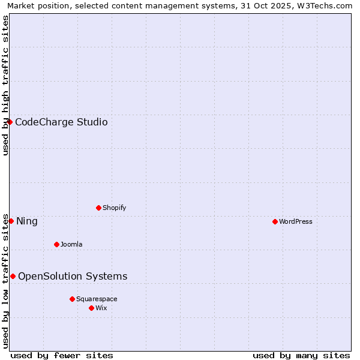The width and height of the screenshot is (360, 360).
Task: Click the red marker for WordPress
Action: [x=275, y=221]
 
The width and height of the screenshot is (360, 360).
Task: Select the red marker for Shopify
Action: [x=98, y=208]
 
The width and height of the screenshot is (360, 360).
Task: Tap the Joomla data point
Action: [x=56, y=244]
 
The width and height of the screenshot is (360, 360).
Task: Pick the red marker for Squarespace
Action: [x=72, y=299]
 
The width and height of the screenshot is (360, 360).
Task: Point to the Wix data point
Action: [x=91, y=308]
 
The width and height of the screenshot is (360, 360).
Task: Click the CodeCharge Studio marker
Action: [x=10, y=122]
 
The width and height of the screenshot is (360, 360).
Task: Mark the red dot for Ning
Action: [x=11, y=221]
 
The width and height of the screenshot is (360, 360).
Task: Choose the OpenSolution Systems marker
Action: [x=13, y=276]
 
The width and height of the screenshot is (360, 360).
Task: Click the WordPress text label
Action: [x=296, y=221]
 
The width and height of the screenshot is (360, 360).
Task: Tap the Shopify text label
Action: [x=115, y=208]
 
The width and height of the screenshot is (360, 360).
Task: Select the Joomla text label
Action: [x=71, y=244]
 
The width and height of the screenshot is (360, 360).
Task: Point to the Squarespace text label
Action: [x=97, y=299]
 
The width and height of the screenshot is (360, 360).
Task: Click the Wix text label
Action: [x=101, y=308]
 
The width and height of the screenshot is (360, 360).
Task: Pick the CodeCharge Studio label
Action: [x=61, y=122]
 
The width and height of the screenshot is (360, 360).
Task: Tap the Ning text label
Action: [x=27, y=221]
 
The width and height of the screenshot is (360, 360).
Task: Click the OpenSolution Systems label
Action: [x=73, y=277]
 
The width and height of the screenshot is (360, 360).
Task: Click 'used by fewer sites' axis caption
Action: [x=62, y=355]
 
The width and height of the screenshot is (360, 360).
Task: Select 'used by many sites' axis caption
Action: [x=301, y=355]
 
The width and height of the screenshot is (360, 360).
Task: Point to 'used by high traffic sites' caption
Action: [x=5, y=85]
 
